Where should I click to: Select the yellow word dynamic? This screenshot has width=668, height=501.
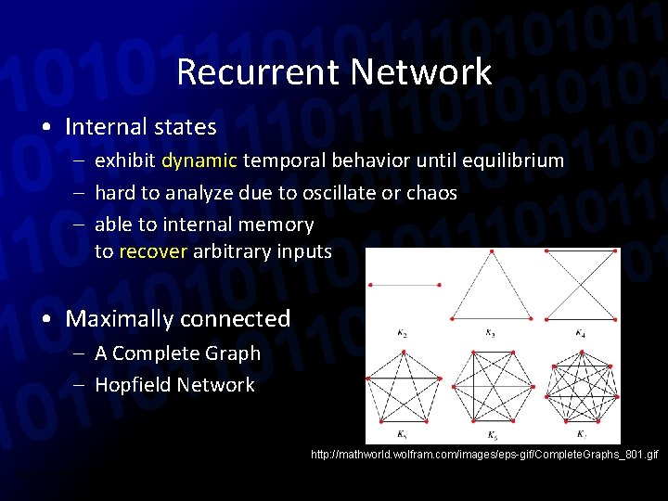click(x=199, y=161)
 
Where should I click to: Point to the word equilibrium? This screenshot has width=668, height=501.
click(x=515, y=161)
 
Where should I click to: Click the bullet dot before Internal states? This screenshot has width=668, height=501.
click(x=45, y=127)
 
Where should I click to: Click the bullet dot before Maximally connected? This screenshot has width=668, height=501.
click(x=45, y=319)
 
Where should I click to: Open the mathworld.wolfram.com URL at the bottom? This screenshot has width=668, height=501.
click(x=485, y=455)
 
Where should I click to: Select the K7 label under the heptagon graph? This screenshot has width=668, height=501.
click(x=580, y=435)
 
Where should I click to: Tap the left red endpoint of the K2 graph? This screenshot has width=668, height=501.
click(x=370, y=284)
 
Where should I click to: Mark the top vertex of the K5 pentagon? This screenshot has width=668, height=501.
click(x=403, y=353)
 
